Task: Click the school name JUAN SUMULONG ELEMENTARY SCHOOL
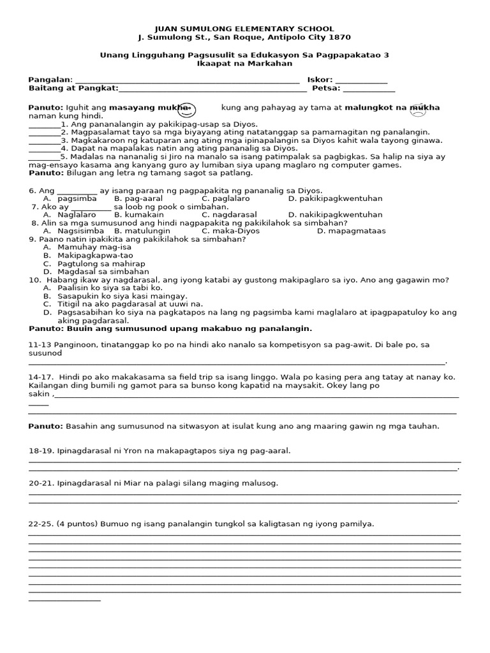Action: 245,29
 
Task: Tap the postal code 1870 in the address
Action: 339,38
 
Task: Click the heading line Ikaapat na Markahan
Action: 245,64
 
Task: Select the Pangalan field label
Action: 50,80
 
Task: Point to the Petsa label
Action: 326,89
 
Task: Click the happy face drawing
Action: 187,110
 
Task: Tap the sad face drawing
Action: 418,111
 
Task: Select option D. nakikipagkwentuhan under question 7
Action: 335,215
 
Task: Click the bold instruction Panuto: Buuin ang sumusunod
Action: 170,329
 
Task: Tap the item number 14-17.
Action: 40,377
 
